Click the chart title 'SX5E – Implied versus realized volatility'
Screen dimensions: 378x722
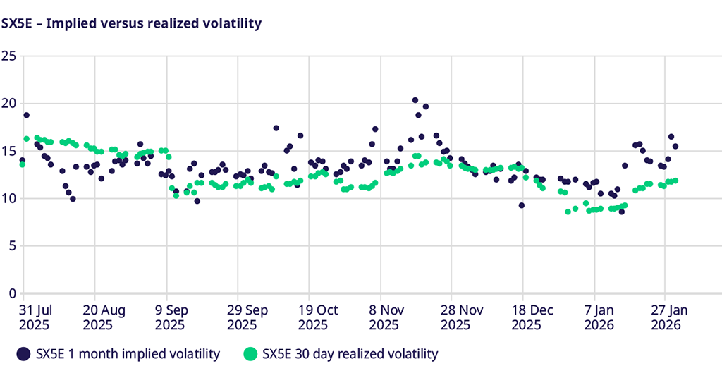point(132,23)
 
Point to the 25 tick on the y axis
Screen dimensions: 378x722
point(9,56)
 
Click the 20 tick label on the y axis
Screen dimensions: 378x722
point(9,103)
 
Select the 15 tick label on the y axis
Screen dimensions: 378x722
point(9,151)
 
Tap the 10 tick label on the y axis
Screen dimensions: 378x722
point(9,198)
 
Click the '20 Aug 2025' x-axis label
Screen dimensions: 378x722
point(104,317)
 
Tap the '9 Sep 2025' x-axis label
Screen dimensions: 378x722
point(169,317)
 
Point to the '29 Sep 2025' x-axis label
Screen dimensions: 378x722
point(242,317)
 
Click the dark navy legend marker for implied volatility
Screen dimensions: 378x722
point(23,353)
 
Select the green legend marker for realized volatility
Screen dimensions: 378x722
point(250,353)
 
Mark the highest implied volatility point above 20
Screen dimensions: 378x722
point(415,100)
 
